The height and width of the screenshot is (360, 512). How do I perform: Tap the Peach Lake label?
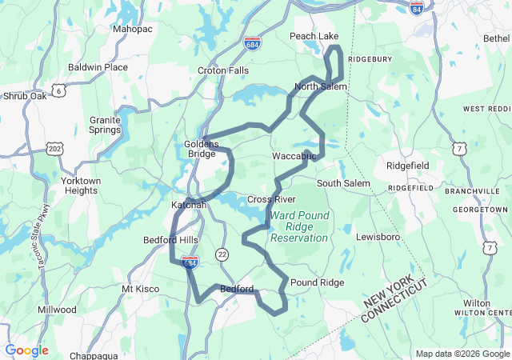314,36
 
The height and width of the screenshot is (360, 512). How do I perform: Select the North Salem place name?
320,86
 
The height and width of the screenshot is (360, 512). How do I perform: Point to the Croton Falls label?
223,70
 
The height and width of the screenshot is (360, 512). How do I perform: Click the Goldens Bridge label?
201,148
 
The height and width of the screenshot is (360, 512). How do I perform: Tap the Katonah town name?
189,206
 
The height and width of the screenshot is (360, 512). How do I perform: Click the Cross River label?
271,199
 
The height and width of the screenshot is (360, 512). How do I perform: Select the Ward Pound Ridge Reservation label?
299,226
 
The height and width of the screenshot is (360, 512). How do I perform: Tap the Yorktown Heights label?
81,186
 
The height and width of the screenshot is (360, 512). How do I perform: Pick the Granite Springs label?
105,124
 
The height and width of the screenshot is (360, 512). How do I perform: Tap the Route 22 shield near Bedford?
222,254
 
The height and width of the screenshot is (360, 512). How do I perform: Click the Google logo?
26,350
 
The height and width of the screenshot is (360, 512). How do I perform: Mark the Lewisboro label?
378,238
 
